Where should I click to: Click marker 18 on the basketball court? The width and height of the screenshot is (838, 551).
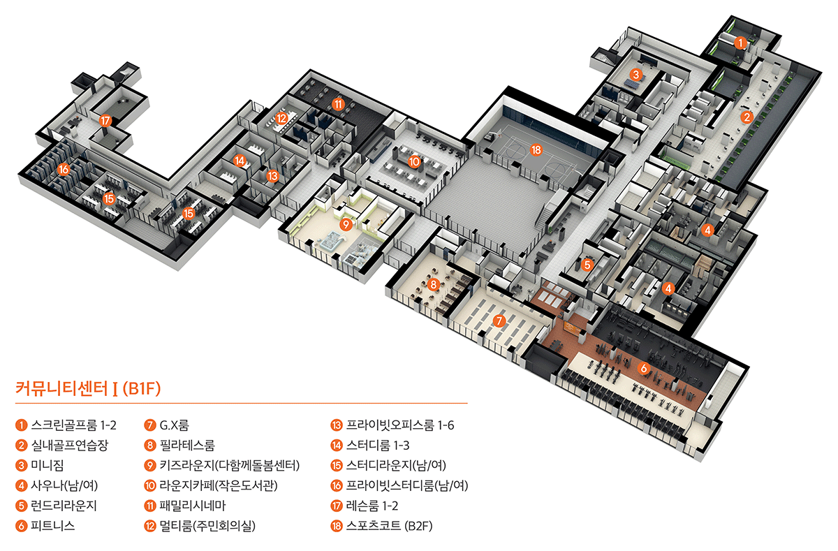536,149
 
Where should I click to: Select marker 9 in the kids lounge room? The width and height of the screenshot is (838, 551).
345,225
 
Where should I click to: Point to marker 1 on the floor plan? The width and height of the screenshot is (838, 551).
740,43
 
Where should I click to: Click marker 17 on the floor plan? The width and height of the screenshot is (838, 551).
105,121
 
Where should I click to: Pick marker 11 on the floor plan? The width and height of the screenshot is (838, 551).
339,105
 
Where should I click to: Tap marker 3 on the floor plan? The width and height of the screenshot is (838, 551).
635,74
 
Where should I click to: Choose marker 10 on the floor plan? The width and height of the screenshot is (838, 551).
414,161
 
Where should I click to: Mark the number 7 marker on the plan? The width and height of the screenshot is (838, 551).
499,321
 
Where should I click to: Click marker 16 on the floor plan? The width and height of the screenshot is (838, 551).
64,169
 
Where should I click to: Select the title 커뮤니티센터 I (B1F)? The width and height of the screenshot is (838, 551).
88,388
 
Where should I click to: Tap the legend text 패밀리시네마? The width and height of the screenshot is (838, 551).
191,506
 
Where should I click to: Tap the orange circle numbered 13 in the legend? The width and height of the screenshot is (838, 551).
335,425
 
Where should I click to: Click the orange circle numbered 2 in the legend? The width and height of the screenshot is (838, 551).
22,445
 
